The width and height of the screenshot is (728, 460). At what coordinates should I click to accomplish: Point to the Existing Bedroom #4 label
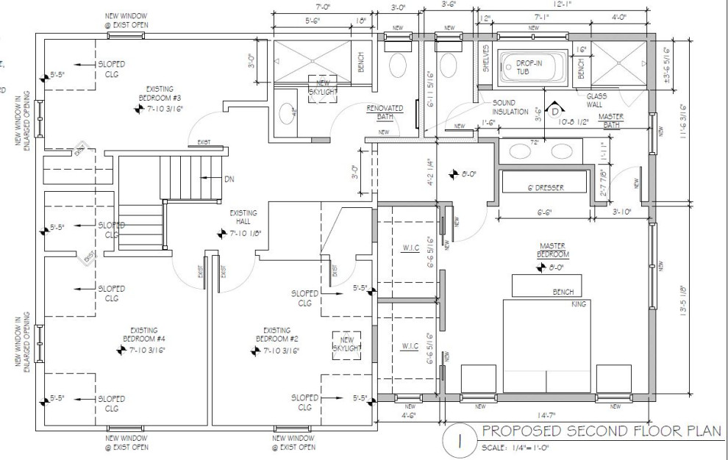point(147,334)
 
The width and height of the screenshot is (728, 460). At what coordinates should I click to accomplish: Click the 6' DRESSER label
point(544,188)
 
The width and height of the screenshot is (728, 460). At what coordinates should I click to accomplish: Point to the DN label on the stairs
point(229,179)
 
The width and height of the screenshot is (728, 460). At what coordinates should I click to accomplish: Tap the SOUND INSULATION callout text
point(510,107)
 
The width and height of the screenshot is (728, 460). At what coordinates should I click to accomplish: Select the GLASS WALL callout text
point(596,99)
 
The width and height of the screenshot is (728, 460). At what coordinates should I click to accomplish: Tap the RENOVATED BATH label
point(385,112)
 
